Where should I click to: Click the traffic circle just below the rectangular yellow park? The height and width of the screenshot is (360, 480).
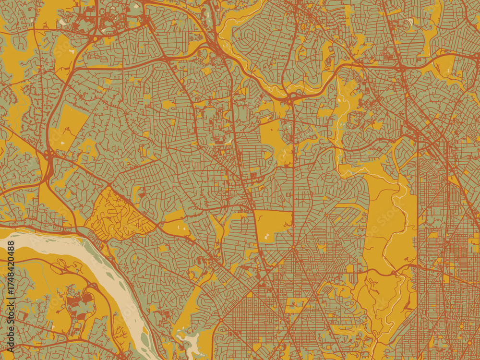click(x=293, y=248)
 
